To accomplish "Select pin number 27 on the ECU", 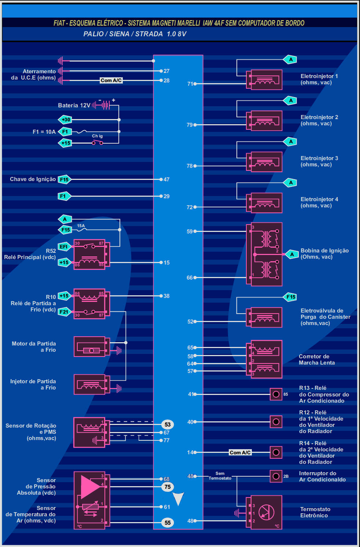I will point(166,71).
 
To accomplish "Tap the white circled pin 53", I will point(168,425).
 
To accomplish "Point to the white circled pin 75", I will point(168,487).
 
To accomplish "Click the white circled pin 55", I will point(168,523).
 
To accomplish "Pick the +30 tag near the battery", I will point(65,120).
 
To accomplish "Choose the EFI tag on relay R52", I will point(64,247).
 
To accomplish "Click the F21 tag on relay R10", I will point(64,312).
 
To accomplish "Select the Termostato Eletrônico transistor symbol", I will point(266,512).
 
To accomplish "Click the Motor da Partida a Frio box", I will point(90,347).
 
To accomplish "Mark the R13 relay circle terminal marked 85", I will point(276,394).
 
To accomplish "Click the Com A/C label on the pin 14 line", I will point(240,452).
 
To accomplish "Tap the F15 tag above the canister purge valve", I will point(291,297).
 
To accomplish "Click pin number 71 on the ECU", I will point(190,84).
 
